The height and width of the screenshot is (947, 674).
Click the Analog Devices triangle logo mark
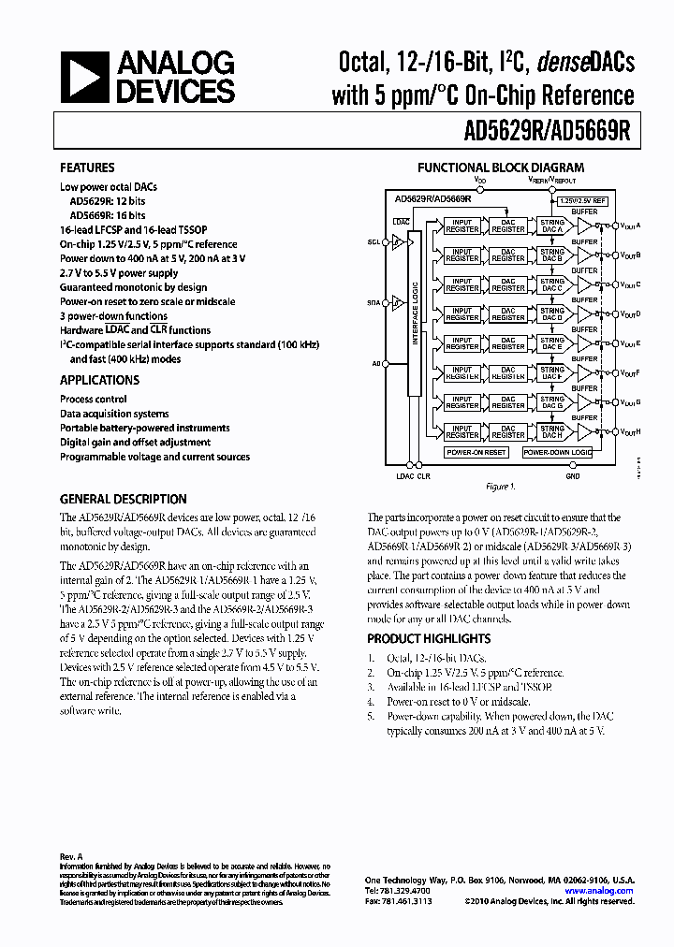tap(85, 77)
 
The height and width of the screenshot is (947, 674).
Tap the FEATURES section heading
tap(88, 168)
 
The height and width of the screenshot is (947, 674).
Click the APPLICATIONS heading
tap(99, 380)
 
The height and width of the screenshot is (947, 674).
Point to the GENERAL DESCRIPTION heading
tap(123, 499)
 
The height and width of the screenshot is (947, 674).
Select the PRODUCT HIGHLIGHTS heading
tap(428, 638)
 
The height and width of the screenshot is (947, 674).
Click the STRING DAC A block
tap(552, 226)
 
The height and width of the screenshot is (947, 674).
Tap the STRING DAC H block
tap(552, 430)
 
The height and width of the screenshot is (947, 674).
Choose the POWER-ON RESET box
tap(476, 452)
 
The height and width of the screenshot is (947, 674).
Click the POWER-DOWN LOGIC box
tap(557, 452)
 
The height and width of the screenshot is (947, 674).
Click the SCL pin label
tap(374, 242)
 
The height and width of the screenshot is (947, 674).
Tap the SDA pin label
tap(374, 302)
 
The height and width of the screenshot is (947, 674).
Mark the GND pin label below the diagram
tap(572, 475)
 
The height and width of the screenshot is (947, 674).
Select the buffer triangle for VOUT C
tap(586, 284)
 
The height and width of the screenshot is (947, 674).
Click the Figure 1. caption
tap(499, 487)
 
